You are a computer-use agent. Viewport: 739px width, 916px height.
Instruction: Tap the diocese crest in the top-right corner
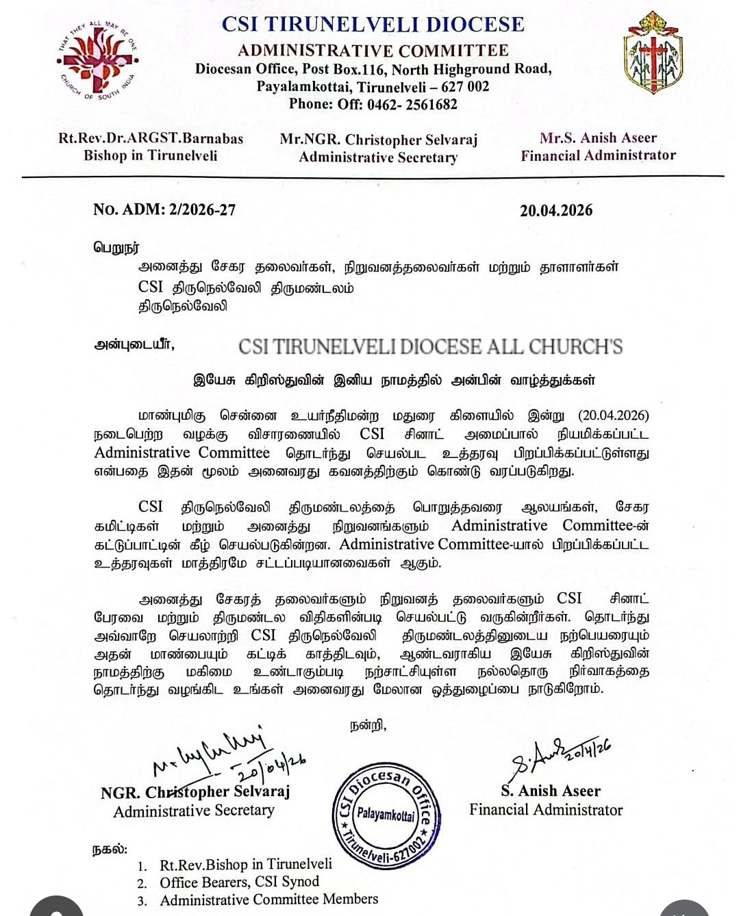[x=653, y=54]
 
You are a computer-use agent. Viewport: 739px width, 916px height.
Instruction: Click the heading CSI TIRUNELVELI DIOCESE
[x=373, y=25]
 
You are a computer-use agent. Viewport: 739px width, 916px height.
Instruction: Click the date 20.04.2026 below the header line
[x=556, y=211]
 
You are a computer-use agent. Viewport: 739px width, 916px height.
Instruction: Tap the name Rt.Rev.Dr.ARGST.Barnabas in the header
[x=151, y=138]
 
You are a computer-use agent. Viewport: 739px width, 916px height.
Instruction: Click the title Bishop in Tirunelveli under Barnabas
[x=151, y=156]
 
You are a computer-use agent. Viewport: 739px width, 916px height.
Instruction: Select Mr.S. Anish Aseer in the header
[x=598, y=138]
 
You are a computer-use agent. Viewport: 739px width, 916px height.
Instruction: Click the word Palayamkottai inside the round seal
[x=386, y=815]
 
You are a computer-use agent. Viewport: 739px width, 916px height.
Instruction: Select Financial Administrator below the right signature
[x=546, y=810]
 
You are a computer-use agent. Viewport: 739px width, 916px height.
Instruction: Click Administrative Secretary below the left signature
[x=194, y=811]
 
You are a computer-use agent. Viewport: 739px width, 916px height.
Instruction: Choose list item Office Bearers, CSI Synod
[x=239, y=882]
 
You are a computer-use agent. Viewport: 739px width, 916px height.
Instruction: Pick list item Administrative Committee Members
[x=268, y=900]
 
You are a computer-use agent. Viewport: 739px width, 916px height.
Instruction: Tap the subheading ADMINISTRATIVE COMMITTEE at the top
[x=373, y=51]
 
